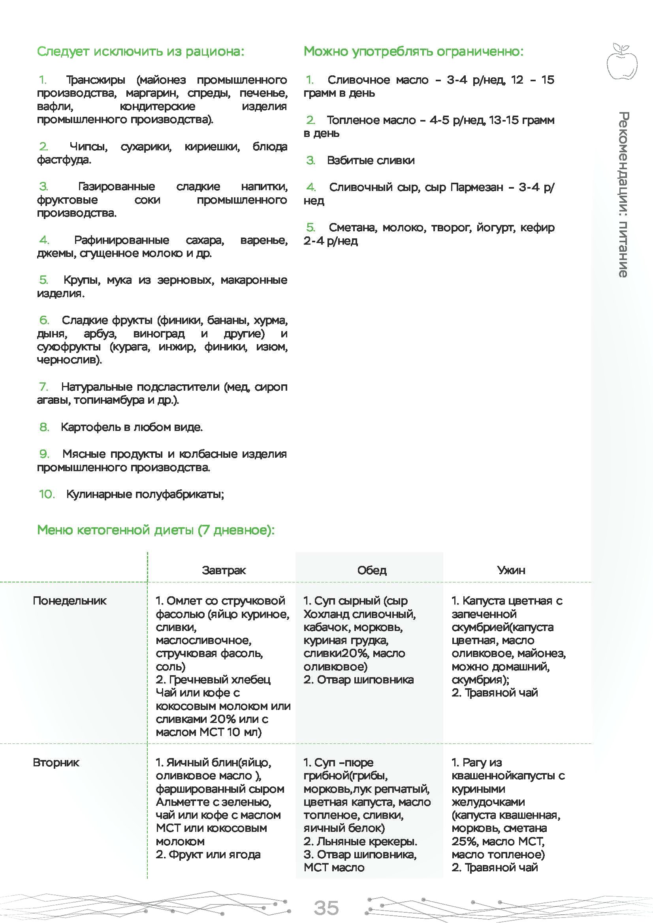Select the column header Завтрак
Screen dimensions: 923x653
coord(224,570)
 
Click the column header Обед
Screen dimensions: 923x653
coord(372,570)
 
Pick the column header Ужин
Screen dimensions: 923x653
coord(511,570)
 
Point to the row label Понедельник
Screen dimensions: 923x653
coord(70,601)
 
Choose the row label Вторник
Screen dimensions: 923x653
coord(56,763)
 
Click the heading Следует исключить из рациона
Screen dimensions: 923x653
coord(140,51)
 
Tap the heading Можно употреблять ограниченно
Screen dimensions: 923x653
coord(414,51)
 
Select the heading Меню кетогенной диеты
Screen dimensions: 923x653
coord(156,530)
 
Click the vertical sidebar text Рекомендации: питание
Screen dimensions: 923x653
coord(623,195)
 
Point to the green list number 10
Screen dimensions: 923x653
coord(47,494)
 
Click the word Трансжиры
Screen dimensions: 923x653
coord(96,80)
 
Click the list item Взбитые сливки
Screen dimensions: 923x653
coord(371,160)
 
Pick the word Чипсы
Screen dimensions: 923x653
coord(88,147)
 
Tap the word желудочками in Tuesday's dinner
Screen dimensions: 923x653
coord(488,802)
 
